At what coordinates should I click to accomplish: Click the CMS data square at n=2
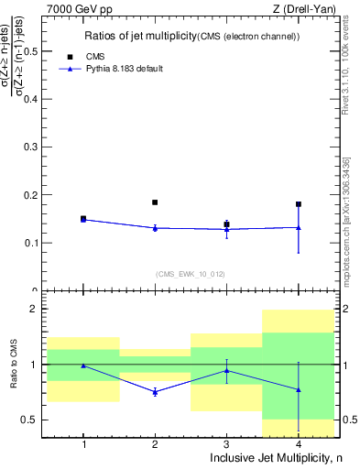click(155, 202)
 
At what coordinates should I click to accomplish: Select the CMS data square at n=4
click(299, 204)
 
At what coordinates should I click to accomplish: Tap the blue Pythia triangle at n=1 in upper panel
click(83, 220)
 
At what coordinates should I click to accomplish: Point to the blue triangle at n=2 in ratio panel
click(155, 391)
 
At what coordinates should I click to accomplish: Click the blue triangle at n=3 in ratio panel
click(226, 371)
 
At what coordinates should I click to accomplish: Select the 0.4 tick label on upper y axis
click(33, 100)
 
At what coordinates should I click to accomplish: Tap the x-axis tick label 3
click(226, 444)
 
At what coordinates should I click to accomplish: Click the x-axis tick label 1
click(83, 444)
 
